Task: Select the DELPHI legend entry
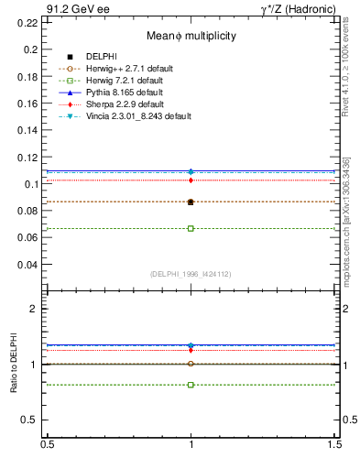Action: coord(102,57)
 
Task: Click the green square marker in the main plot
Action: coord(191,228)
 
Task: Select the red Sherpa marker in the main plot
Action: coord(191,180)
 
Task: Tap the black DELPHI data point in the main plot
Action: coord(191,202)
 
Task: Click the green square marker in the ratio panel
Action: coord(191,385)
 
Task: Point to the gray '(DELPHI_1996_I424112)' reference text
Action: coord(191,273)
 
